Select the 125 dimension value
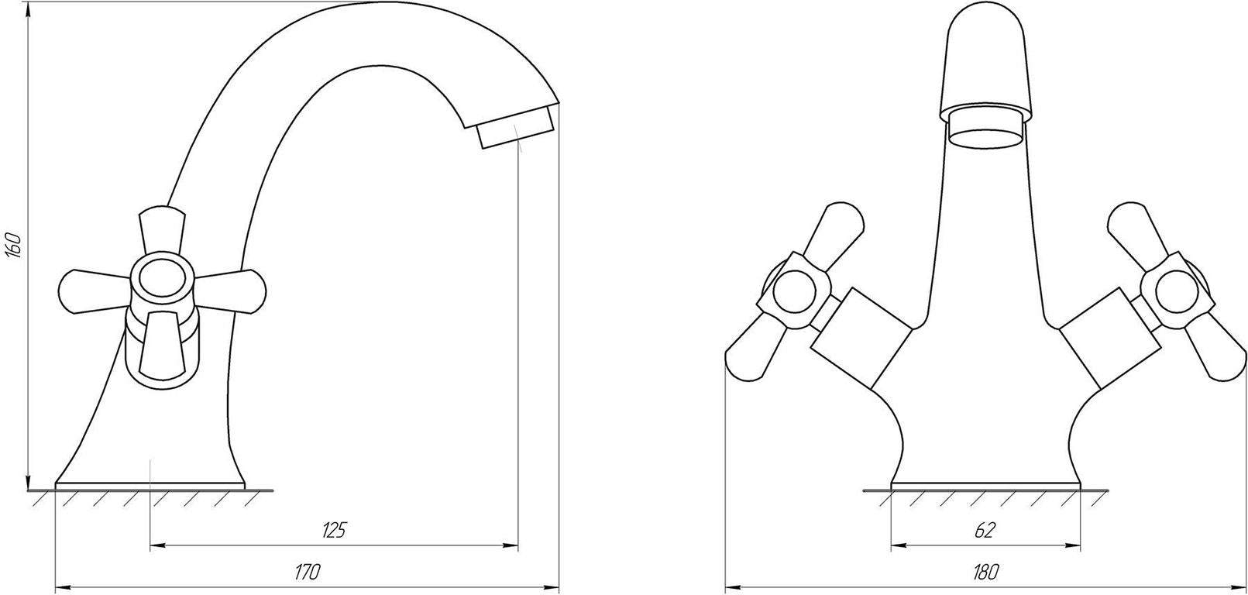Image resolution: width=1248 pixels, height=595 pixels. pyautogui.click(x=334, y=530)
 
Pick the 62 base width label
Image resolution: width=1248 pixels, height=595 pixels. pyautogui.click(x=985, y=530)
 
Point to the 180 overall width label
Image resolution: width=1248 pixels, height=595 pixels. pyautogui.click(x=985, y=572)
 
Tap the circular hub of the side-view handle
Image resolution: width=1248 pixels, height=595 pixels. pyautogui.click(x=162, y=280)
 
